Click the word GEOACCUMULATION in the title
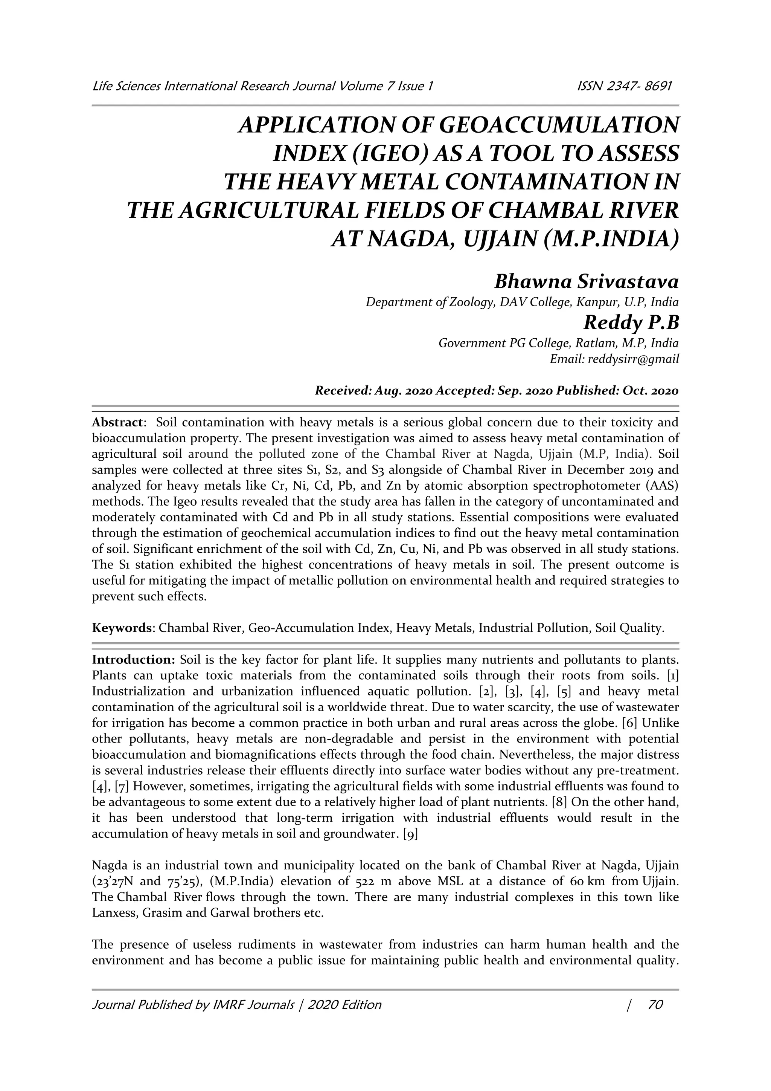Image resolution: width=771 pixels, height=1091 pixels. (x=560, y=125)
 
